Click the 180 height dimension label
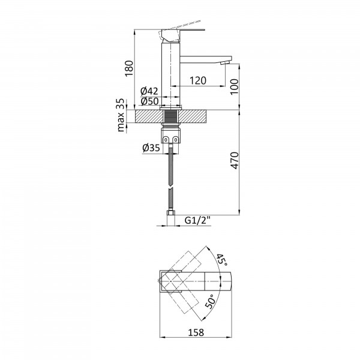point(129,68)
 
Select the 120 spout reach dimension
point(198,80)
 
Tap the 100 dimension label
point(235,86)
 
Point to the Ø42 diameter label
point(149,91)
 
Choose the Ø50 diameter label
point(149,101)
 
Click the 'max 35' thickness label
point(121,115)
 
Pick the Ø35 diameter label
point(151,148)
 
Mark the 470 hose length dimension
point(235,160)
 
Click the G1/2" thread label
point(197,220)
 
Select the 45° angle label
point(222,260)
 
